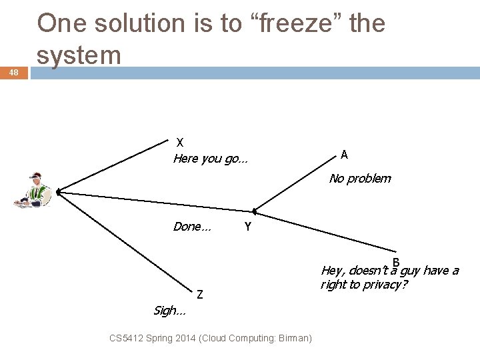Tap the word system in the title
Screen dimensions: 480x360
(x=79, y=55)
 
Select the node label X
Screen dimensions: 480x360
(x=180, y=142)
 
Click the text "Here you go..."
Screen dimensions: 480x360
(x=210, y=159)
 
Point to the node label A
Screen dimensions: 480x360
(x=344, y=155)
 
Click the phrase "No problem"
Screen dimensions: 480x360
(x=360, y=179)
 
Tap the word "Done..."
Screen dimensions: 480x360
(x=192, y=227)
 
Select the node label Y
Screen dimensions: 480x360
(x=247, y=227)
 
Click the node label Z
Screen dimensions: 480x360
(x=199, y=294)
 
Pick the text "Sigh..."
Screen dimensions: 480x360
(x=169, y=310)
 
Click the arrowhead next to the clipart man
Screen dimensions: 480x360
(x=59, y=192)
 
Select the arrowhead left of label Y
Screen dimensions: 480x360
(x=255, y=211)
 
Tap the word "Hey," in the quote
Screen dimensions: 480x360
(x=333, y=271)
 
